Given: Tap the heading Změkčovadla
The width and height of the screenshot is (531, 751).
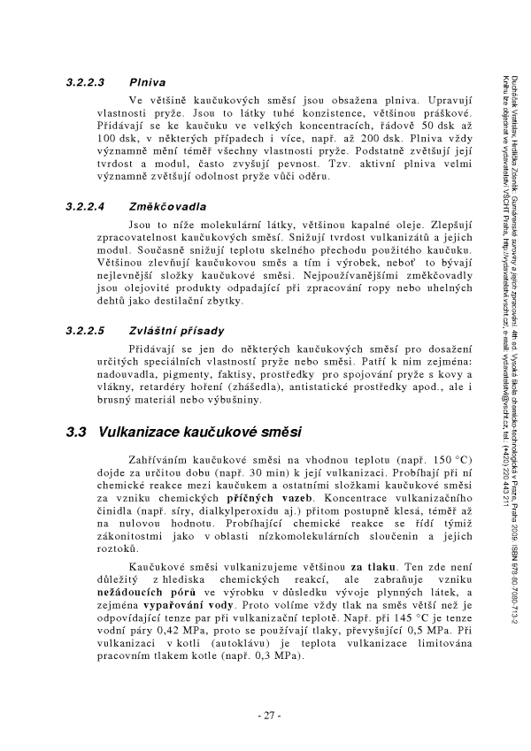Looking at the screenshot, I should click(166, 207).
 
